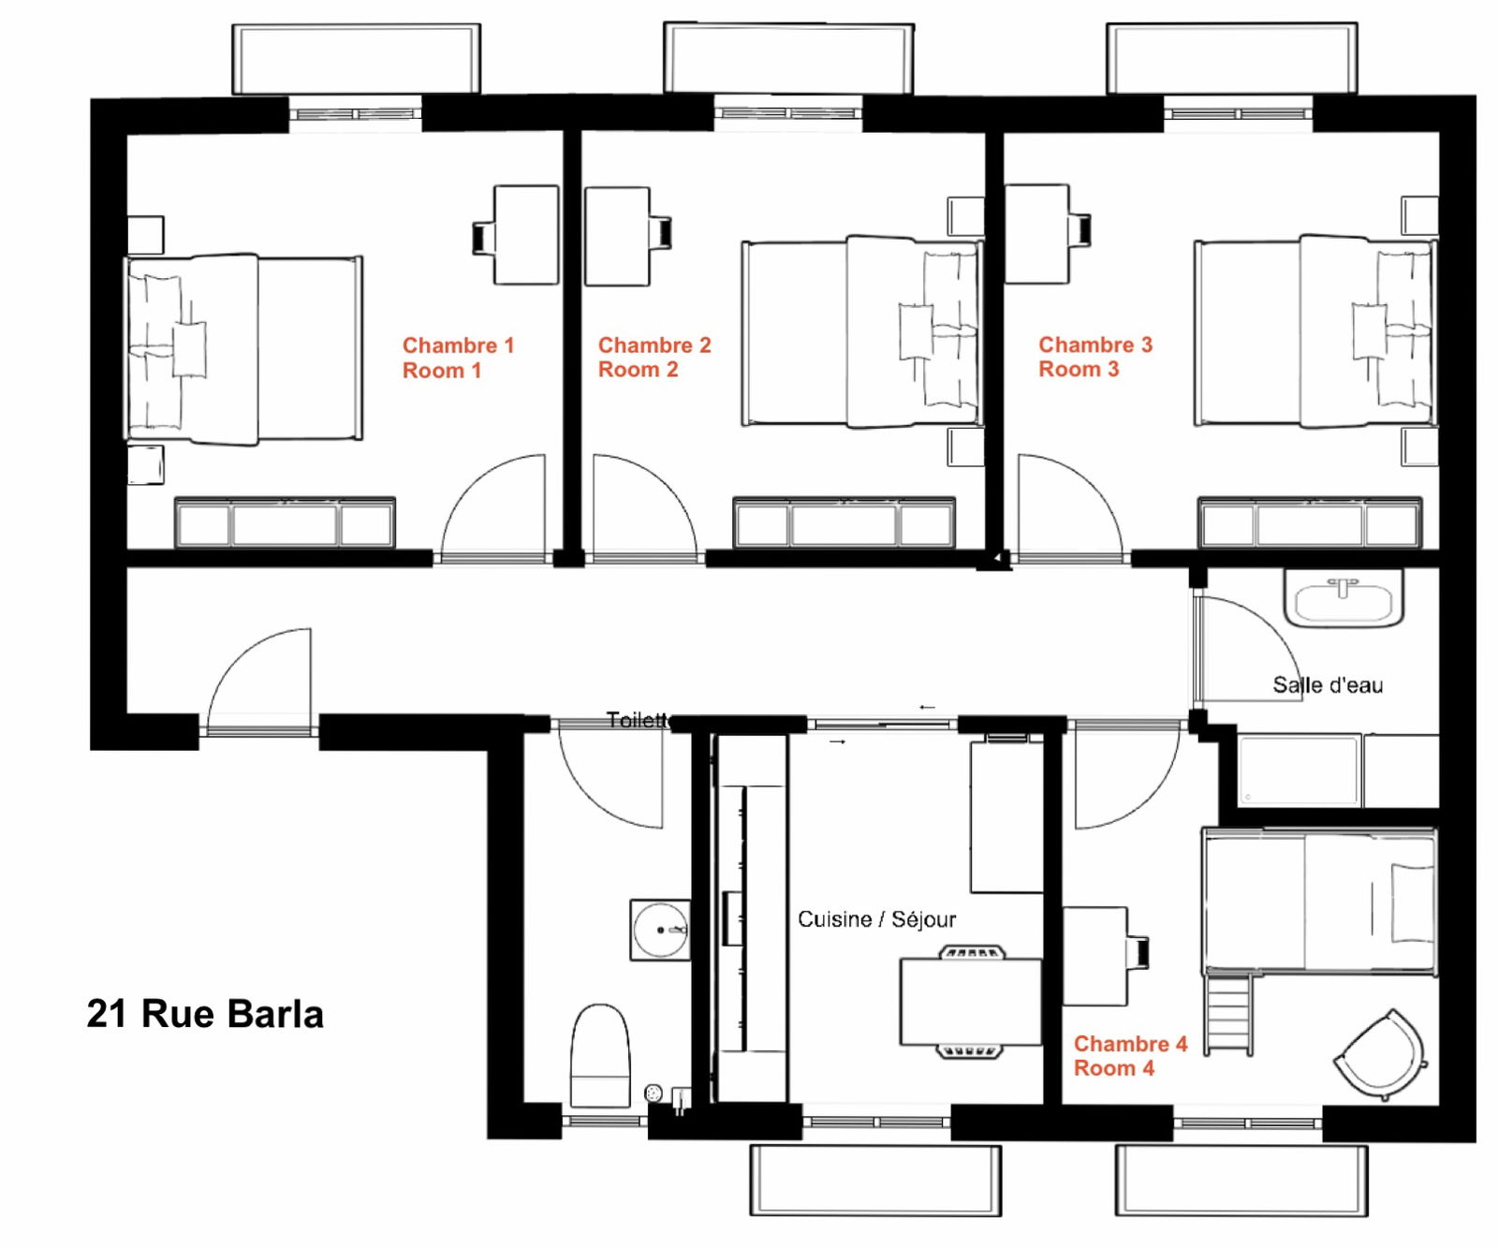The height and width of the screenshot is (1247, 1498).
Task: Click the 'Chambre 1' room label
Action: click(x=459, y=345)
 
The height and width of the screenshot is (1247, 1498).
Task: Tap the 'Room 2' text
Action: click(x=638, y=370)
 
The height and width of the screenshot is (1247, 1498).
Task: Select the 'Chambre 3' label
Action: click(x=1095, y=345)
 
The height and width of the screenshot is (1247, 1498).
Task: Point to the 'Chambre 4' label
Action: click(x=1130, y=1043)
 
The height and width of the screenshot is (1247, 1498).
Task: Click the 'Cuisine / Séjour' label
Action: click(x=876, y=919)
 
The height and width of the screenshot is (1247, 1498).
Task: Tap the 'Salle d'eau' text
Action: click(x=1328, y=684)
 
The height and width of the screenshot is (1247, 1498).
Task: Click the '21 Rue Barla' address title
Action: click(x=205, y=1014)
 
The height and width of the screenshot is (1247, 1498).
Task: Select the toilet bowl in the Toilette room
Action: click(x=600, y=1055)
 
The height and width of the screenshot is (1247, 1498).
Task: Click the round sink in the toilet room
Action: click(x=660, y=930)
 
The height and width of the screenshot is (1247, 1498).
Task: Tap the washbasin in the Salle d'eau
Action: click(x=1344, y=598)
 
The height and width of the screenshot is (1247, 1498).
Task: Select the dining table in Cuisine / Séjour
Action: click(x=971, y=1001)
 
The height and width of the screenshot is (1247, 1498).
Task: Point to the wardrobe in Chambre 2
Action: click(x=844, y=522)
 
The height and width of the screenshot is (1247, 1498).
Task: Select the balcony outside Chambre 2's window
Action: click(x=789, y=58)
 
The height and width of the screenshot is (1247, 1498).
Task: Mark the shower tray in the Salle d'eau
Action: click(x=1299, y=770)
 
